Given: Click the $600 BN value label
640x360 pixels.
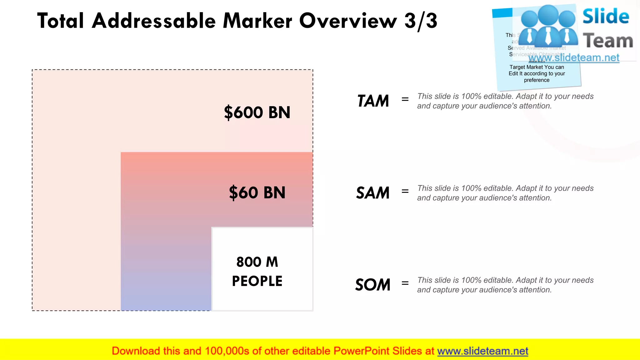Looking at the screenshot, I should pos(257,112).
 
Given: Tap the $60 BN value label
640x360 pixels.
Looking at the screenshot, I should pos(257,192).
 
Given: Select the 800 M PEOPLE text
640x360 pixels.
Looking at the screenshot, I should pos(257,271).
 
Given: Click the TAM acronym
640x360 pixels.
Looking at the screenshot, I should pos(373,101).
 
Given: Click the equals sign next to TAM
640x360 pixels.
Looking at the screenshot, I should pos(405,99).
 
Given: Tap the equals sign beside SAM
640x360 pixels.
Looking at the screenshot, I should pos(405,191).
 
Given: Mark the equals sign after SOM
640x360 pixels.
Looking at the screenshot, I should pos(405,283).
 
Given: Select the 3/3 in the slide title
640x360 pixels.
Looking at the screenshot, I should pos(421,21).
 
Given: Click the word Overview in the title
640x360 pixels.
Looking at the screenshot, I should pos(348,21).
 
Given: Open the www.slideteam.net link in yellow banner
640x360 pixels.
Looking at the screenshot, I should pos(482,351).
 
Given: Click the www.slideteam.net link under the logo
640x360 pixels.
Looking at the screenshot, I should pos(574,58).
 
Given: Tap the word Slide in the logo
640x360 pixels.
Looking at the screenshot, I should pos(605,17).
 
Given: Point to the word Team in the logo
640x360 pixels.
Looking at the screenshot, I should pos(608,41).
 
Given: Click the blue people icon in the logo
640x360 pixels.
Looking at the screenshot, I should pos(548,27).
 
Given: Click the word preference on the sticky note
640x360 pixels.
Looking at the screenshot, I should pos(537,80).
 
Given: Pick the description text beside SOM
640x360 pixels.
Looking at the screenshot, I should pos(505,285).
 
